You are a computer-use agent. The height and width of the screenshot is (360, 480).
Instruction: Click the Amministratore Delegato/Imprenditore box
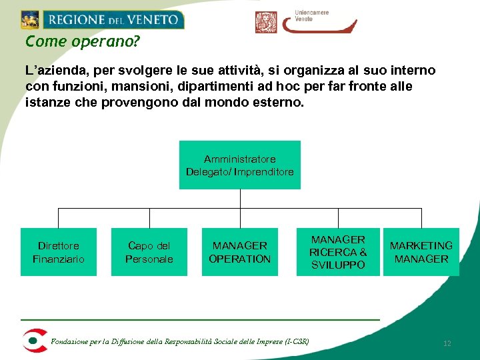click(x=239, y=165)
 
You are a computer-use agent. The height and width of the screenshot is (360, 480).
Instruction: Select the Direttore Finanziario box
click(x=59, y=252)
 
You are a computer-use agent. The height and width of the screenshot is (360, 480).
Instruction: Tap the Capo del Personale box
click(x=149, y=252)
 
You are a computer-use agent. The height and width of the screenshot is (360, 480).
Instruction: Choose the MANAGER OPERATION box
click(x=239, y=252)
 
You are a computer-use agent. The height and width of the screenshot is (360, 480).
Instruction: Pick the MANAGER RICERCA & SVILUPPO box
click(x=338, y=252)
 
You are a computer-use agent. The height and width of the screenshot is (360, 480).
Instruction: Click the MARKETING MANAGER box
click(x=421, y=252)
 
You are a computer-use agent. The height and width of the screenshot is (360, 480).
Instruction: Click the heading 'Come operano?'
click(x=83, y=41)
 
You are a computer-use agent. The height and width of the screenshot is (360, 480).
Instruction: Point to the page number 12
click(x=447, y=343)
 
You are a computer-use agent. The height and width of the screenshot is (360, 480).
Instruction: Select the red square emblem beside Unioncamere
click(x=266, y=22)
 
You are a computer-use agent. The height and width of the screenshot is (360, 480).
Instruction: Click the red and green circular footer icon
click(x=33, y=340)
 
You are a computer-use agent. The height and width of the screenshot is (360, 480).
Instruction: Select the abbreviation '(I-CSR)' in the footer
click(x=296, y=341)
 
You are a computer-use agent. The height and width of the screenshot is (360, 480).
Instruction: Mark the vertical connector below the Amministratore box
click(x=239, y=199)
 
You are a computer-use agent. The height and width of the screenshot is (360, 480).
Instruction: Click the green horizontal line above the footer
click(x=200, y=320)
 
